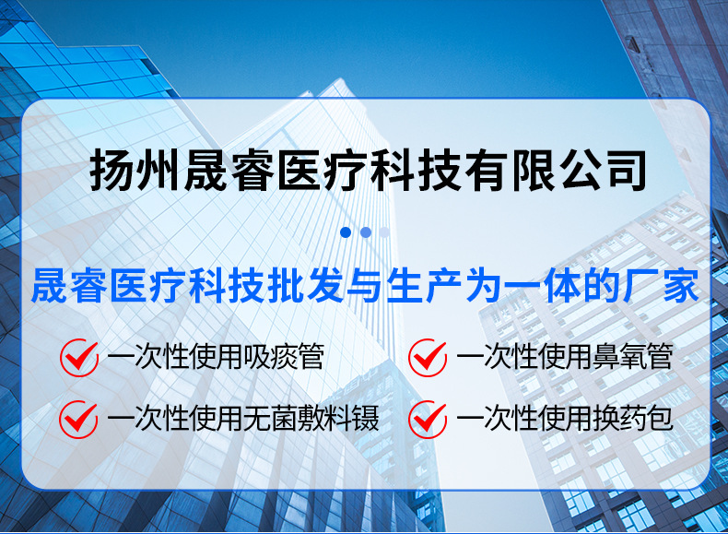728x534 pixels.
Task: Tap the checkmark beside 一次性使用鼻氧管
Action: [x=428, y=356]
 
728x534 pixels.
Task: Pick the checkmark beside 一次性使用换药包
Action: [x=428, y=419]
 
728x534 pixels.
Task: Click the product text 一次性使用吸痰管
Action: [x=216, y=357]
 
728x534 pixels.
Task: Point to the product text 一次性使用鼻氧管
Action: [x=565, y=357]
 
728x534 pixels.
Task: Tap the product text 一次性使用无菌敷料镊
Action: [x=243, y=420]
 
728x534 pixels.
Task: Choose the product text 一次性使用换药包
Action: [x=565, y=420]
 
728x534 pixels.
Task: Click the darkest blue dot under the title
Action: [x=346, y=232]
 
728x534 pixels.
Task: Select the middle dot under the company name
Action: [x=365, y=232]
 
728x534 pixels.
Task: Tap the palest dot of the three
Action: [x=384, y=232]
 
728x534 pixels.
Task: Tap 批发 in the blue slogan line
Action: [x=311, y=287]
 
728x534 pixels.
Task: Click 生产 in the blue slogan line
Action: [x=429, y=287]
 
